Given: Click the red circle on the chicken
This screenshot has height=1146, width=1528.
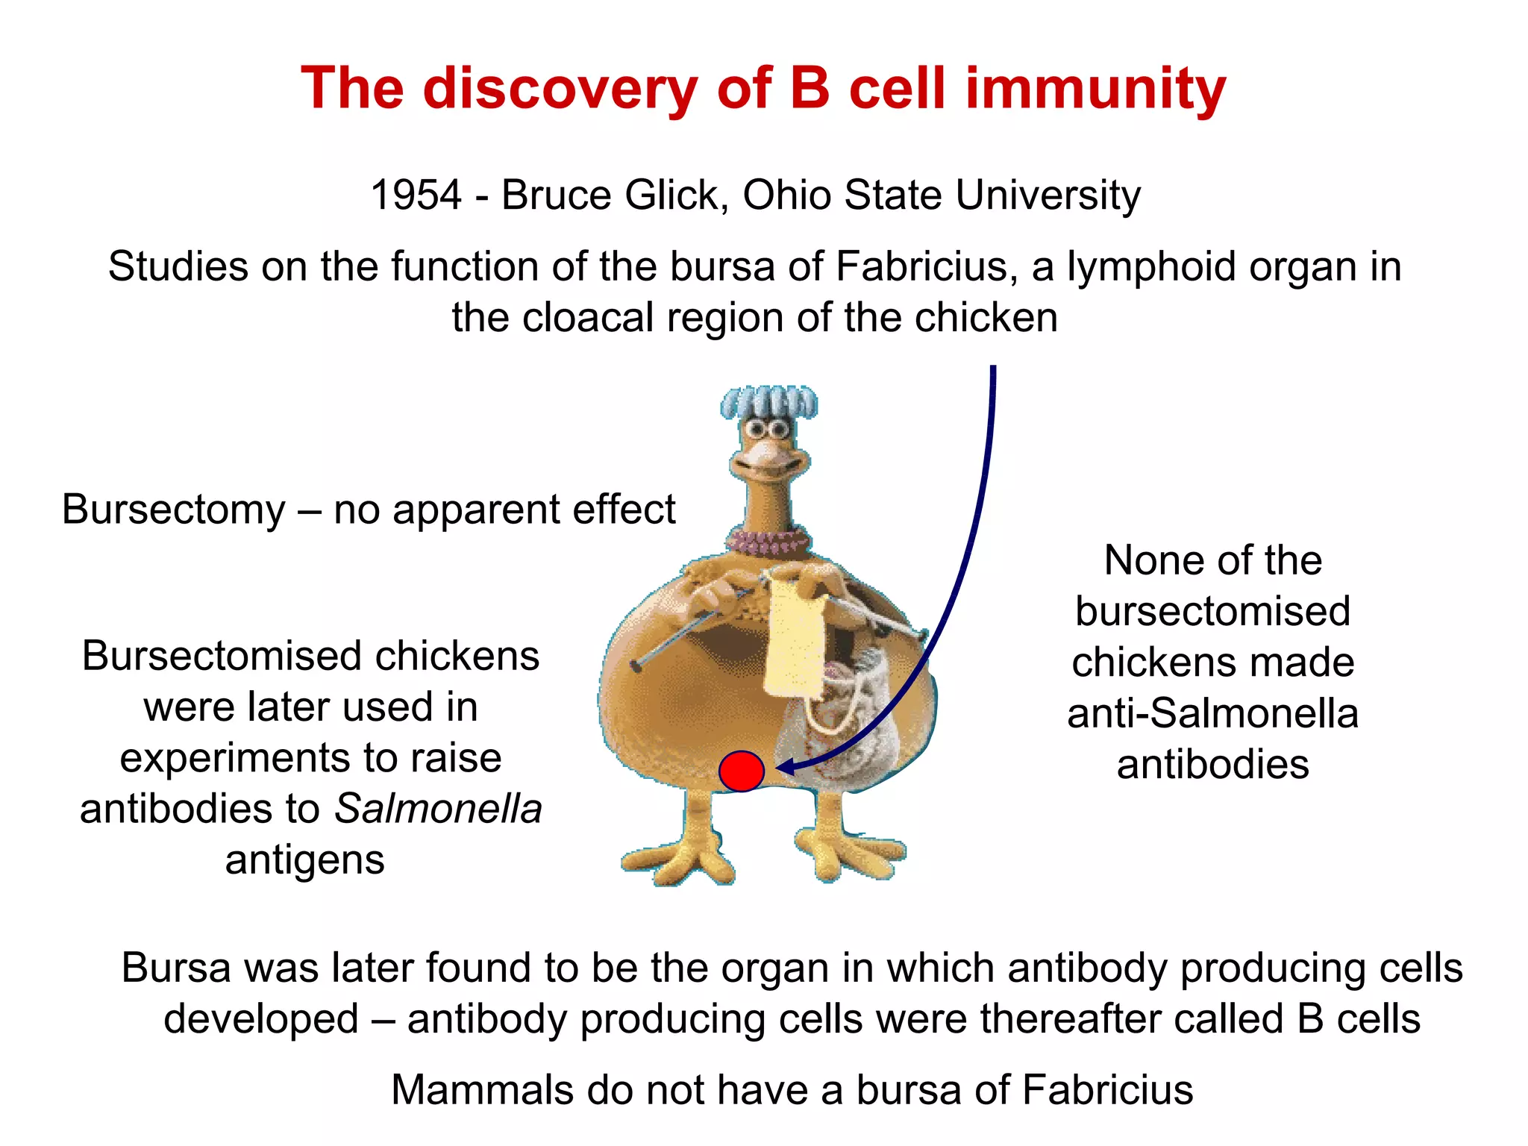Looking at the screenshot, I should [741, 771].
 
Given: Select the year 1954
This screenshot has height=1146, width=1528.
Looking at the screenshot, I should [416, 195].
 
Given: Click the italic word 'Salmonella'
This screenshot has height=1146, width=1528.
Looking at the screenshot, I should [438, 809].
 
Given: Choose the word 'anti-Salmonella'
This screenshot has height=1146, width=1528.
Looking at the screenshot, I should [1212, 713].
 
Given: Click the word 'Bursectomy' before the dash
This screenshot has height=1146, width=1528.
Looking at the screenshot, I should [173, 510].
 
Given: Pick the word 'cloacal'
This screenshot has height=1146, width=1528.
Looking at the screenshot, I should [588, 318].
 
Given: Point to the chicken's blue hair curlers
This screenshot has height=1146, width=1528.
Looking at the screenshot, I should [768, 403].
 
